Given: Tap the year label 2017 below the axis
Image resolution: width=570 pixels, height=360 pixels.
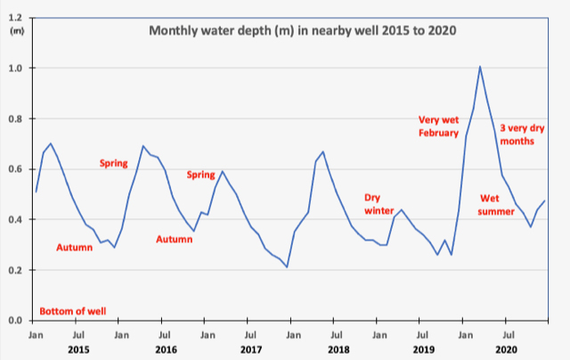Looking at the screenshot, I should tap(251, 350).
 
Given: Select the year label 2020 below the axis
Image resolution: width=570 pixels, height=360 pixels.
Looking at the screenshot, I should tap(506, 350).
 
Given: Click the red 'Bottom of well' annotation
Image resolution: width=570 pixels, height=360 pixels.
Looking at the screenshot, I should tap(73, 311).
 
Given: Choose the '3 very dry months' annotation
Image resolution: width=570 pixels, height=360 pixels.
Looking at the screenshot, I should tap(522, 135).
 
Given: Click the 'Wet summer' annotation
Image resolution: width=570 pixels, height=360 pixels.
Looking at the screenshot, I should tap(497, 204).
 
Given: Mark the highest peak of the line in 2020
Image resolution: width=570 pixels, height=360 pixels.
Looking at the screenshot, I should tap(480, 66).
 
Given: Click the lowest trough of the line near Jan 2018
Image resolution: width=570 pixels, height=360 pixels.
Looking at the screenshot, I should tap(287, 266).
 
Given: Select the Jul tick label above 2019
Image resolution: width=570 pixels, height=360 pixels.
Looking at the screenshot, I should tap(419, 334).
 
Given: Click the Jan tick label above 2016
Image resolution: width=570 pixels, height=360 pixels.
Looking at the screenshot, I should tap(122, 334).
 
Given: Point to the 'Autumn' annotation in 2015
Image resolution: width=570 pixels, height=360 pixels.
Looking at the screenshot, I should tap(75, 247).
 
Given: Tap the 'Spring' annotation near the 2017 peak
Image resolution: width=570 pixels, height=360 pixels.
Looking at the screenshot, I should tap(201, 175).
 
